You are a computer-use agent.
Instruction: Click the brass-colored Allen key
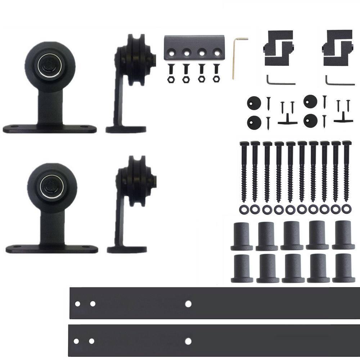pos(234,58)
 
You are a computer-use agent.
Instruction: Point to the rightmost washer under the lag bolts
pos(346,209)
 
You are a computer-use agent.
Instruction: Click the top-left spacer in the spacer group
pos(242,236)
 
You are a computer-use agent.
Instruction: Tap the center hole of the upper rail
pos(188,304)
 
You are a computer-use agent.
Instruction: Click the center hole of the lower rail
pos(188,341)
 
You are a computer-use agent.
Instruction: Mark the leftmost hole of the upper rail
pos(77,304)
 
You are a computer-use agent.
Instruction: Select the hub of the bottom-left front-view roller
pos(52,186)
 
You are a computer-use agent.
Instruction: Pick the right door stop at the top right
pos(337,48)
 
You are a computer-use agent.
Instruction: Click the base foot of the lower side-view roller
pos(127,249)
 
